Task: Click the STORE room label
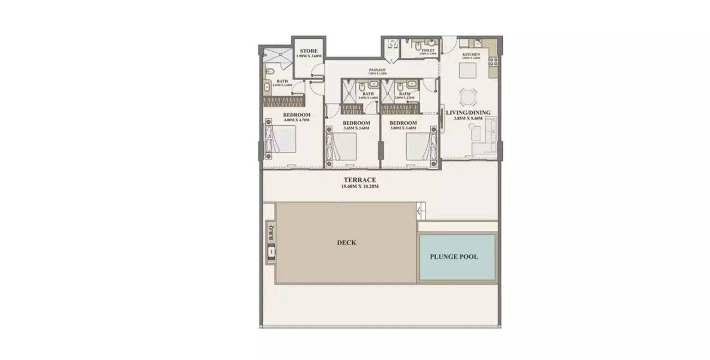tap(308, 51)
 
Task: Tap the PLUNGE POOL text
tap(454, 257)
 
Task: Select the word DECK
tap(346, 242)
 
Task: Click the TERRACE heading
tap(359, 180)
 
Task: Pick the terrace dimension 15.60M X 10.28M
tap(360, 186)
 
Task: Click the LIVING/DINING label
tap(468, 112)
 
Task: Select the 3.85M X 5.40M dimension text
tap(468, 118)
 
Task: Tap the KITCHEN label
tap(471, 54)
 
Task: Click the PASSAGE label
tap(377, 70)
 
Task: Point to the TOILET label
tap(428, 50)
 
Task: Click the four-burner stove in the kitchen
tap(493, 61)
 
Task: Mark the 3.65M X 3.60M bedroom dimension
tap(356, 128)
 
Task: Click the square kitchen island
tap(467, 71)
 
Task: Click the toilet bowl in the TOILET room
tap(417, 47)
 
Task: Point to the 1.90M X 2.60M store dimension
tap(308, 56)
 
